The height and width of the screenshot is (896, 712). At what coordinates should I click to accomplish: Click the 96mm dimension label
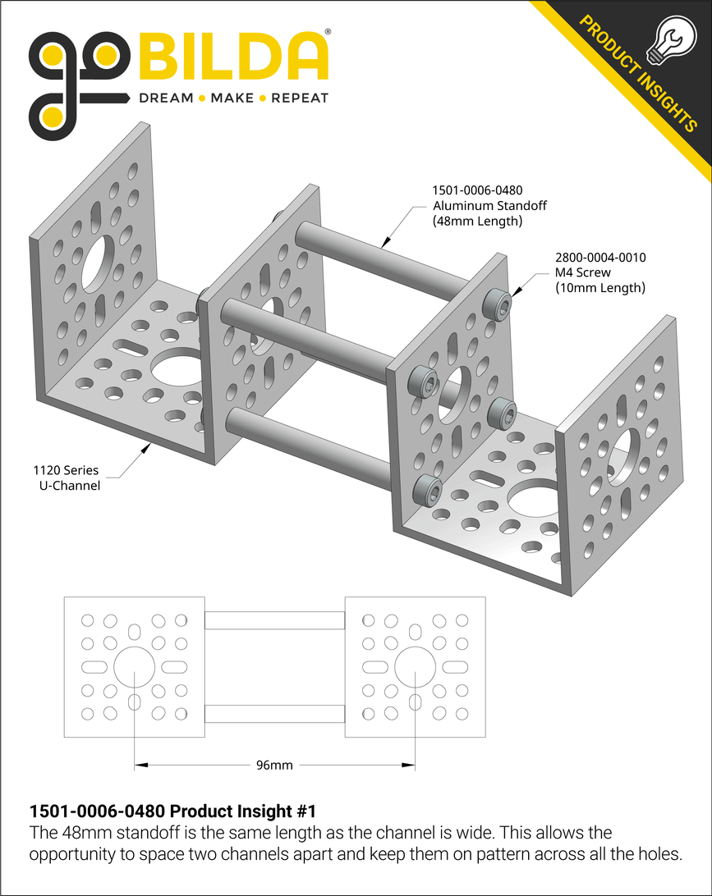(274, 766)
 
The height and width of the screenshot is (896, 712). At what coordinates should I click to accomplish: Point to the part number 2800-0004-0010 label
(600, 258)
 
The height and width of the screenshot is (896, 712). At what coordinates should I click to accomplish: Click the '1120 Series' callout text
(66, 471)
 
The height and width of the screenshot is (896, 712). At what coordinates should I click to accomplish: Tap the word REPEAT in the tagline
(300, 98)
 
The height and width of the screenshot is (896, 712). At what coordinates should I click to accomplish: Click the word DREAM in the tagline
(168, 98)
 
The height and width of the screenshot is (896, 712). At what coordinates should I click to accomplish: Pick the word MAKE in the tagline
(232, 98)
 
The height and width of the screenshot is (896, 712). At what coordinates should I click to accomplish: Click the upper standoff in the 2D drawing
(274, 620)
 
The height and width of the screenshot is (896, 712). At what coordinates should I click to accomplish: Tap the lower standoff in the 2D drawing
(274, 714)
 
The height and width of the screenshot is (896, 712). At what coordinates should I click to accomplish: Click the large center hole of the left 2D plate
(134, 667)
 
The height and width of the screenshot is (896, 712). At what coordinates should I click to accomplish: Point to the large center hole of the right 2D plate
(414, 667)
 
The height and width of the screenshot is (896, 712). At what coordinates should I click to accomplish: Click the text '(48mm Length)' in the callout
(478, 222)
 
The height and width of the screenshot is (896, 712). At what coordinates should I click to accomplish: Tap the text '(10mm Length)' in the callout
(600, 288)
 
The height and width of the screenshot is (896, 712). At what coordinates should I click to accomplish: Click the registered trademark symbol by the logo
(328, 32)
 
